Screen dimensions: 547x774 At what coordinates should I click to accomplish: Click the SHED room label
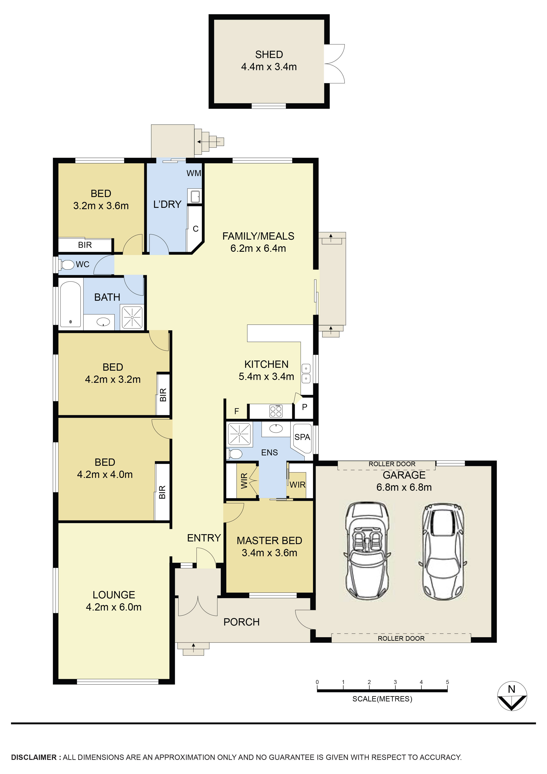pyautogui.click(x=269, y=54)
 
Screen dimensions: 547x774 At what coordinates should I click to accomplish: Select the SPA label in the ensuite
pyautogui.click(x=302, y=437)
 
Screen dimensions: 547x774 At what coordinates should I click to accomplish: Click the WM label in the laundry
pyautogui.click(x=194, y=173)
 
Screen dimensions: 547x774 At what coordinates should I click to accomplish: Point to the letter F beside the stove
pyautogui.click(x=237, y=411)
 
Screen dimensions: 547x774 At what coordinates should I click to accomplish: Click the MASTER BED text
pyautogui.click(x=269, y=540)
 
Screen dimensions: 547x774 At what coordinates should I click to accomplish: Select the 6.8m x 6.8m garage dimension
pyautogui.click(x=404, y=487)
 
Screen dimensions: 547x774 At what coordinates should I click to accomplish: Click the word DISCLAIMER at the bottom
pyautogui.click(x=34, y=757)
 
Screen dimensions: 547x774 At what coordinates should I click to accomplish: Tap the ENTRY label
pyautogui.click(x=204, y=538)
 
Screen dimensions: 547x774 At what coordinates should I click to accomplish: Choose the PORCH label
pyautogui.click(x=242, y=622)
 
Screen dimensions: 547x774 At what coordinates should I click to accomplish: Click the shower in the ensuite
pyautogui.click(x=239, y=434)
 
